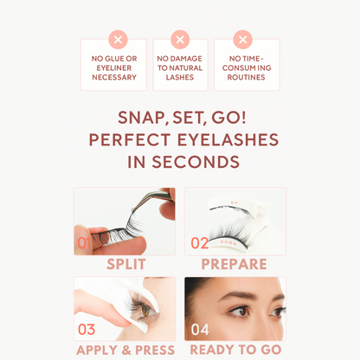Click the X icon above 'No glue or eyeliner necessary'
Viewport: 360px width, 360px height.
(x=119, y=39)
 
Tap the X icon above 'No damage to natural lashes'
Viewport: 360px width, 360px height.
(x=180, y=39)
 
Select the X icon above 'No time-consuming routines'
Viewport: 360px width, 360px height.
(x=243, y=39)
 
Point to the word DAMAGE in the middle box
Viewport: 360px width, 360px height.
(x=190, y=59)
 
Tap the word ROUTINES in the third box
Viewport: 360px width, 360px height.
(x=247, y=78)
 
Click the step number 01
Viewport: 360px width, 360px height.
(x=85, y=243)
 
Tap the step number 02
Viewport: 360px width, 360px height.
(x=200, y=243)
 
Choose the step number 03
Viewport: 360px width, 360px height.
(x=87, y=329)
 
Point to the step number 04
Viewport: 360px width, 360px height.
(x=200, y=329)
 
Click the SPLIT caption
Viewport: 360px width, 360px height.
(x=125, y=265)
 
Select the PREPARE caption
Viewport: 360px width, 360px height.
(x=234, y=265)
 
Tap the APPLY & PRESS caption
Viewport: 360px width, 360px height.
(x=125, y=350)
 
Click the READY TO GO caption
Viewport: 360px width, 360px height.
(x=235, y=350)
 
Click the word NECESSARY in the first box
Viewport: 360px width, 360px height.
(x=114, y=78)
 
